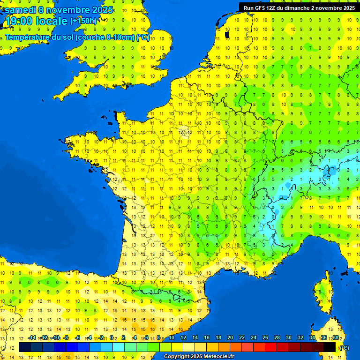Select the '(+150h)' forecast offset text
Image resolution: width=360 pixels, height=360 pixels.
[83, 21]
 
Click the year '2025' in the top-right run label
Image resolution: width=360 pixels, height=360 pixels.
[346, 7]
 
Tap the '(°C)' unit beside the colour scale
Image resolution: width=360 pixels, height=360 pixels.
[344, 348]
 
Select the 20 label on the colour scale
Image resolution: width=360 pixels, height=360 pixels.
[230, 337]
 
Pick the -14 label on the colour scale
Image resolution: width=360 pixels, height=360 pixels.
[32, 337]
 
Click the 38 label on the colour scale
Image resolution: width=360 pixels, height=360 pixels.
[335, 337]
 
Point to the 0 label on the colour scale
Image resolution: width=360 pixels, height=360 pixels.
[112, 337]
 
